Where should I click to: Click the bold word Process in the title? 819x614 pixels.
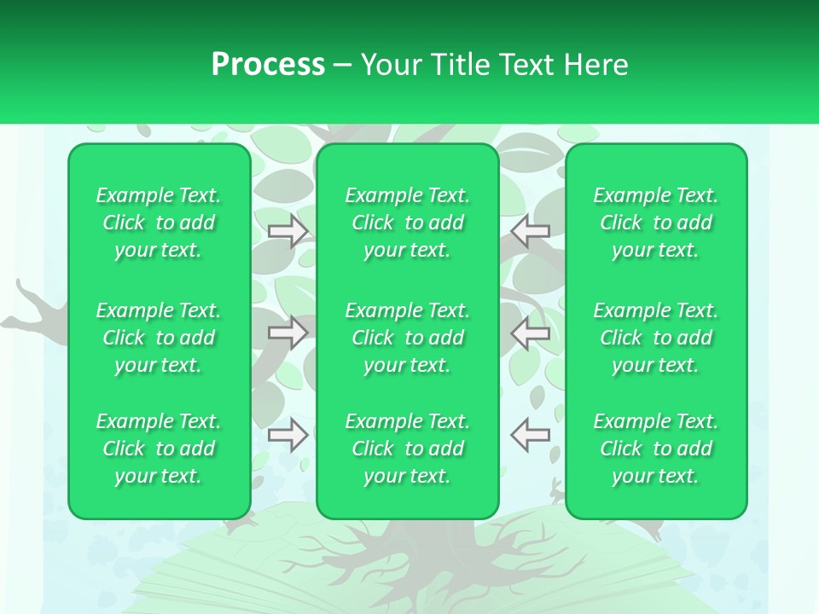268,65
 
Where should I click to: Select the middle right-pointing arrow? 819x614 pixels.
288,333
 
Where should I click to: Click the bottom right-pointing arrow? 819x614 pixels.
288,435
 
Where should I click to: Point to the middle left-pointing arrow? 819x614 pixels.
531,333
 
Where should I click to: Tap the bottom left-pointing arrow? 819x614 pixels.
531,435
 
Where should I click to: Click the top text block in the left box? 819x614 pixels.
159,223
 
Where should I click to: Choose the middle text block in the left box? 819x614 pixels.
159,338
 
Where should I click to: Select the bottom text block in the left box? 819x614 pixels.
159,449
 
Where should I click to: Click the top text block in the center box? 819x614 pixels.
408,223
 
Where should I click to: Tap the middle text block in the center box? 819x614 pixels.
408,338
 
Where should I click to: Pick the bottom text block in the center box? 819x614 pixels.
408,449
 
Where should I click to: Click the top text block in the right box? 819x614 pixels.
656,223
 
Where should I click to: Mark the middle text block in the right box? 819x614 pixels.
656,338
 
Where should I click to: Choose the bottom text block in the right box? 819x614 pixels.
656,449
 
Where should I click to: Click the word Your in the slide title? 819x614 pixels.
389,65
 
